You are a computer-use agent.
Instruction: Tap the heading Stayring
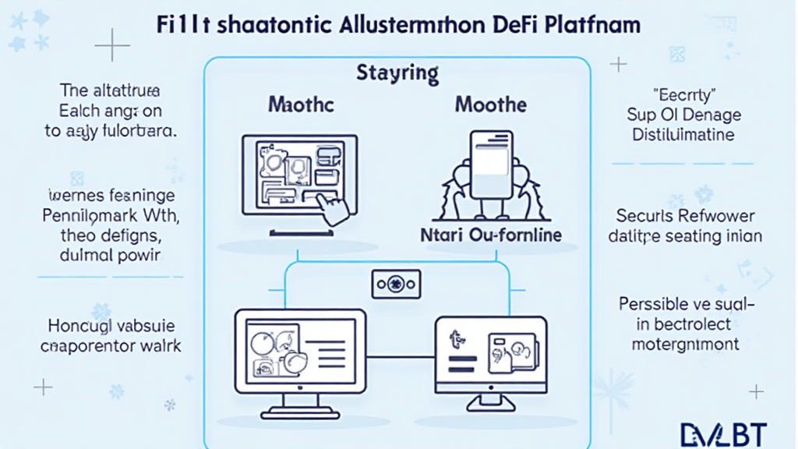tap(397, 74)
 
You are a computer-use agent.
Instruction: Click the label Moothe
tap(490, 104)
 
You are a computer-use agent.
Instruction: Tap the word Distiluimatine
tap(681, 135)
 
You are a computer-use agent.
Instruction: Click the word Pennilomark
tap(85, 214)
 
